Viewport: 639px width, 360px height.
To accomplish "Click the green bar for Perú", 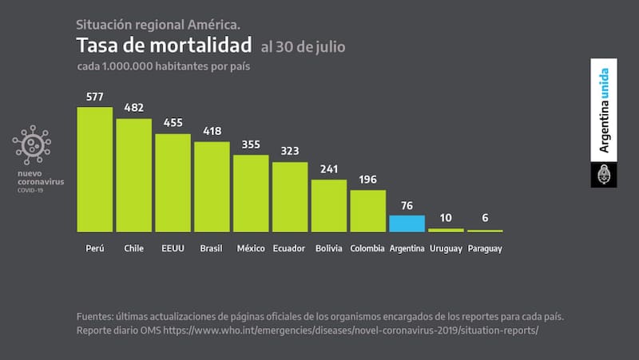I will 94,169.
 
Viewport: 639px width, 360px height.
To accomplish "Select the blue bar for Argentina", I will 407,224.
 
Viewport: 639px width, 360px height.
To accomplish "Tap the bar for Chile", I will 133,175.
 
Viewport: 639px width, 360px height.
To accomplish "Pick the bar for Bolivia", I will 329,205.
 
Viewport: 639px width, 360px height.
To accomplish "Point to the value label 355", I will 251,144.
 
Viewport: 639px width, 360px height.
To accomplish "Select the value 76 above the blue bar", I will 407,205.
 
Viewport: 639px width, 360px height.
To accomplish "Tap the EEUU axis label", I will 173,248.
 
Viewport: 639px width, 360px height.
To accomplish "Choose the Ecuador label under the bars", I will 289,248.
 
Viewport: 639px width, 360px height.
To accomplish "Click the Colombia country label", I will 367,248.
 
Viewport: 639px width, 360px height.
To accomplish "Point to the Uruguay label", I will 446,248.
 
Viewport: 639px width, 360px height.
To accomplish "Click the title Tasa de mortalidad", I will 164,45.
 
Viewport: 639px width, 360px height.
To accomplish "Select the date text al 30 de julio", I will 303,46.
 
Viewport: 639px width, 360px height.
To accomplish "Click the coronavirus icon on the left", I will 32,144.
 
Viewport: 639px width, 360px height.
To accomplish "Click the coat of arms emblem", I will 604,173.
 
